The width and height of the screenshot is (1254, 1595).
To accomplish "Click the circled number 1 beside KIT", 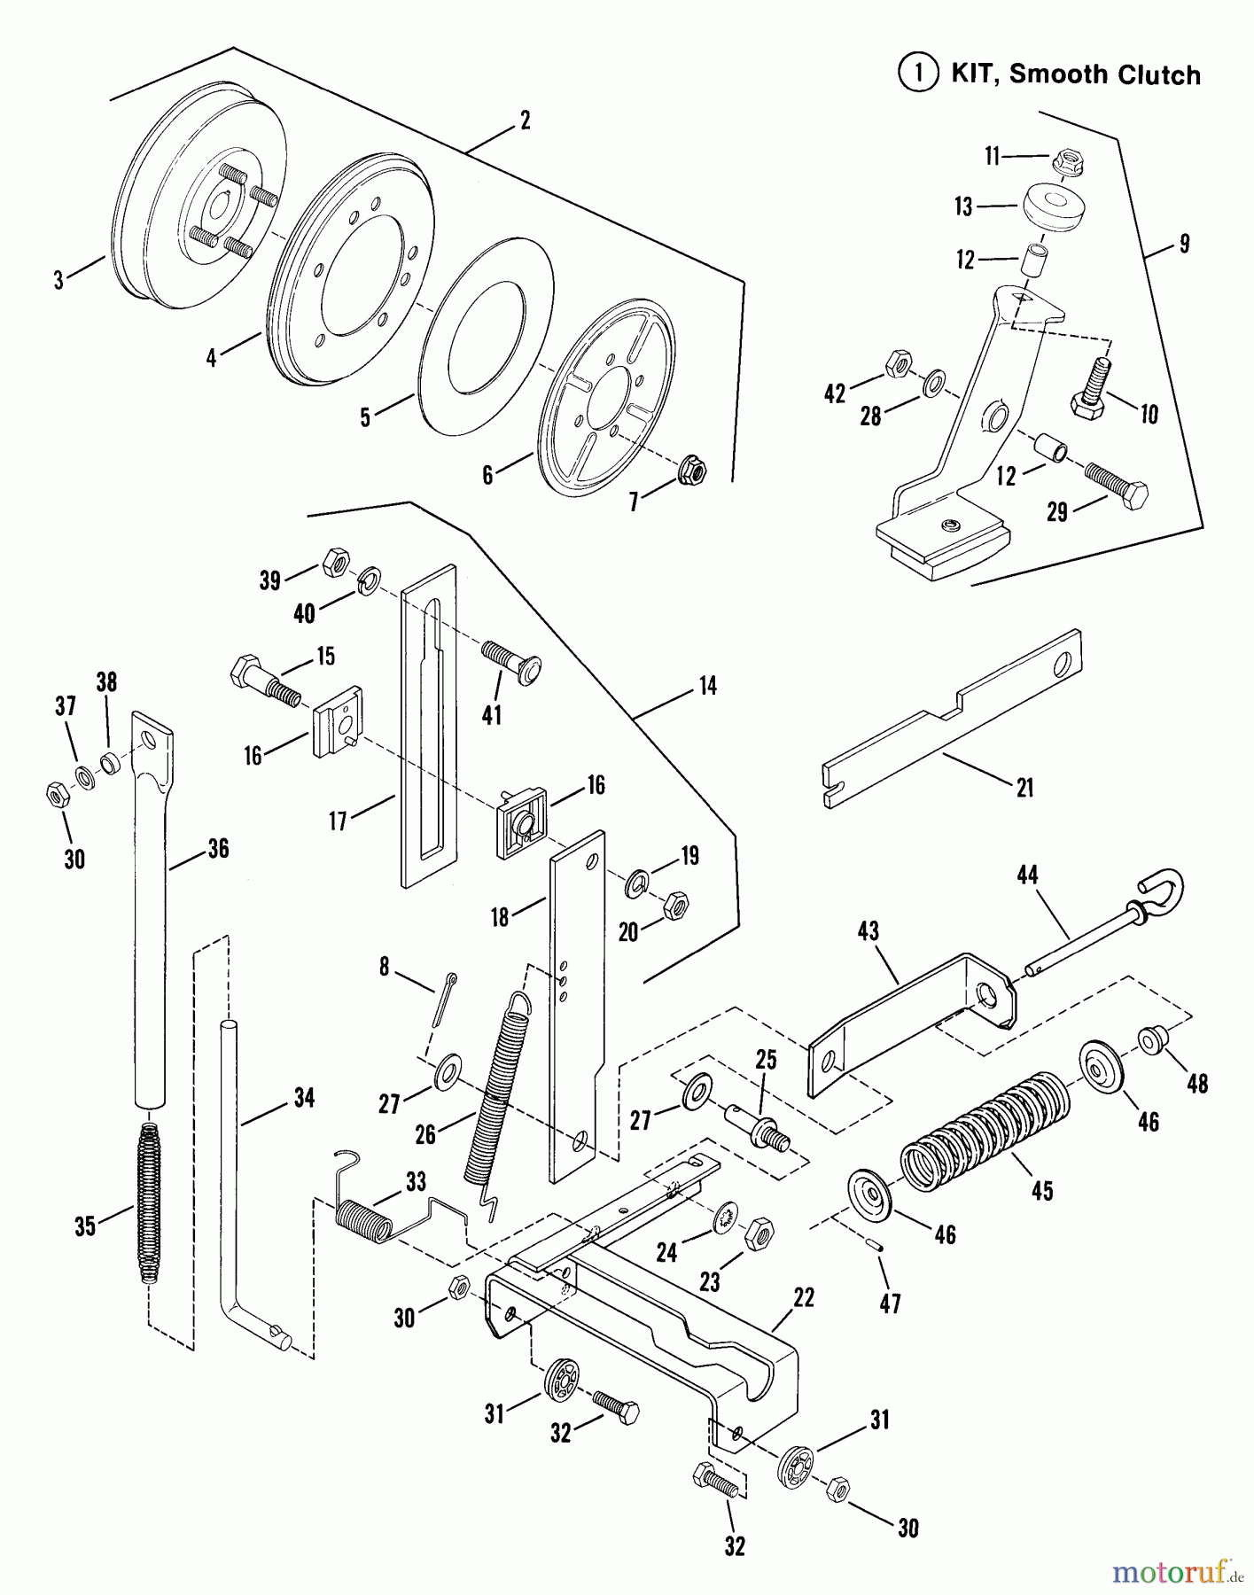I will pos(918,74).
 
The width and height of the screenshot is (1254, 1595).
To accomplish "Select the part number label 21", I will pos(1024,787).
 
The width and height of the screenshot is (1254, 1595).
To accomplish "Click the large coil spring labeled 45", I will pos(984,1129).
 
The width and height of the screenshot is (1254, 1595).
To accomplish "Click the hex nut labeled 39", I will pos(334,561).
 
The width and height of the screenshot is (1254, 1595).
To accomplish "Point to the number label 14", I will pos(706,685).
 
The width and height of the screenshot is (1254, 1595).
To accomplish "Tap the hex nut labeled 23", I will pos(759,1233).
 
